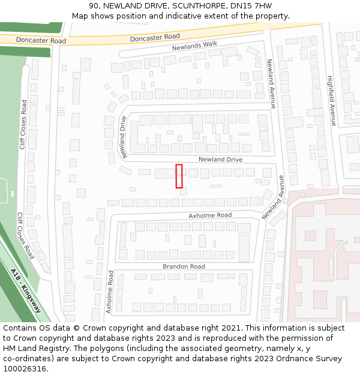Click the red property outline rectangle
(179, 176)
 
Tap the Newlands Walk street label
(194, 46)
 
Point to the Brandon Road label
(184, 266)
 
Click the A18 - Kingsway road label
(26, 290)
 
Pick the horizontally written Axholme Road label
(210, 215)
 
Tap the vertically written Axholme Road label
(110, 292)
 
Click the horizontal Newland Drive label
(220, 160)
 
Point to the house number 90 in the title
(94, 5)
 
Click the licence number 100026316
(25, 368)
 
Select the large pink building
(324, 264)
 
